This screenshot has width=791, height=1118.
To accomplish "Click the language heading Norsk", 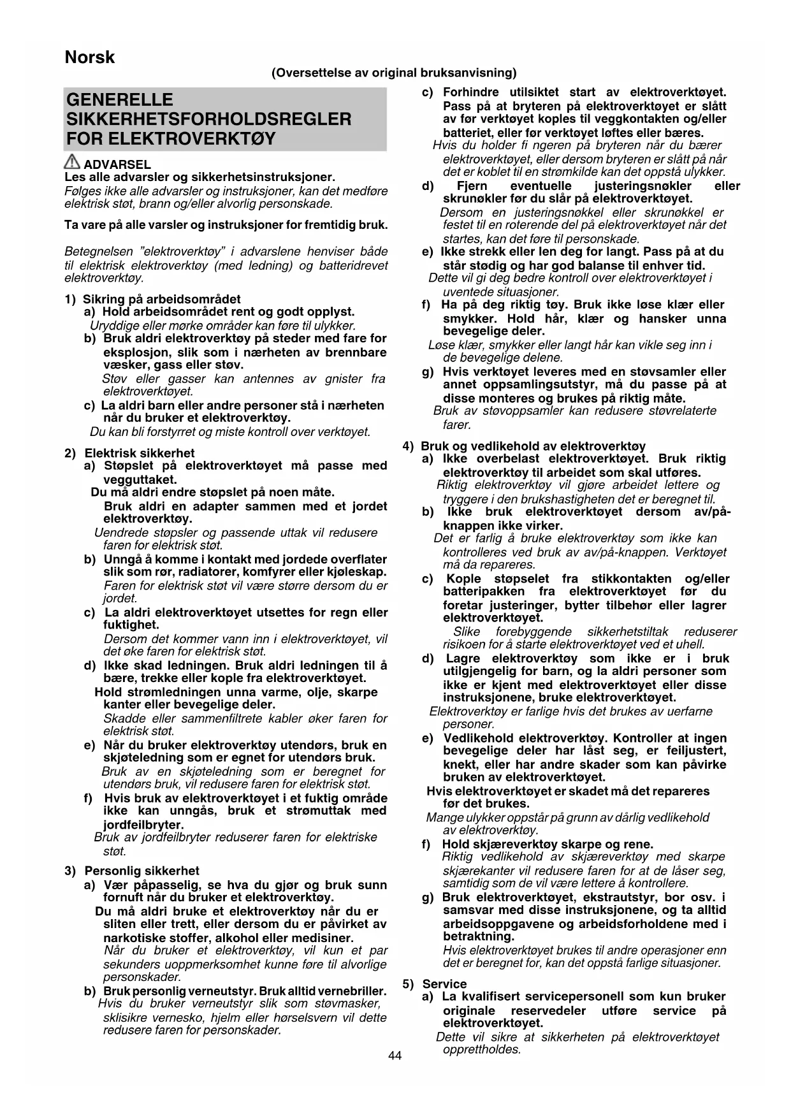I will click(90, 57).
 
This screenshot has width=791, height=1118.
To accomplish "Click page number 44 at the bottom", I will click(395, 1056).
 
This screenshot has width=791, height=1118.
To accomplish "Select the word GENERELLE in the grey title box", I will click(120, 99).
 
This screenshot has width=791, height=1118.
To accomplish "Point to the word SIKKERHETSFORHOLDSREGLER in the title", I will click(209, 119).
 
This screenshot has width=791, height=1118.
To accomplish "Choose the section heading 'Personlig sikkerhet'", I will click(142, 871).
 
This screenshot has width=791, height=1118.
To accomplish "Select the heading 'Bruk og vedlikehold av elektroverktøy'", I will click(533, 446).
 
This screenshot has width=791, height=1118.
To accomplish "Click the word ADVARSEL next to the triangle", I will click(117, 165).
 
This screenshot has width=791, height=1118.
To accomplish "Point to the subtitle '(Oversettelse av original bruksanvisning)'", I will click(394, 73).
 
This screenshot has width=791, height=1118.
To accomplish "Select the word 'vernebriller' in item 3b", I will click(352, 991).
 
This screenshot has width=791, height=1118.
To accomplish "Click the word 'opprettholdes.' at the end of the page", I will click(482, 1049).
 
